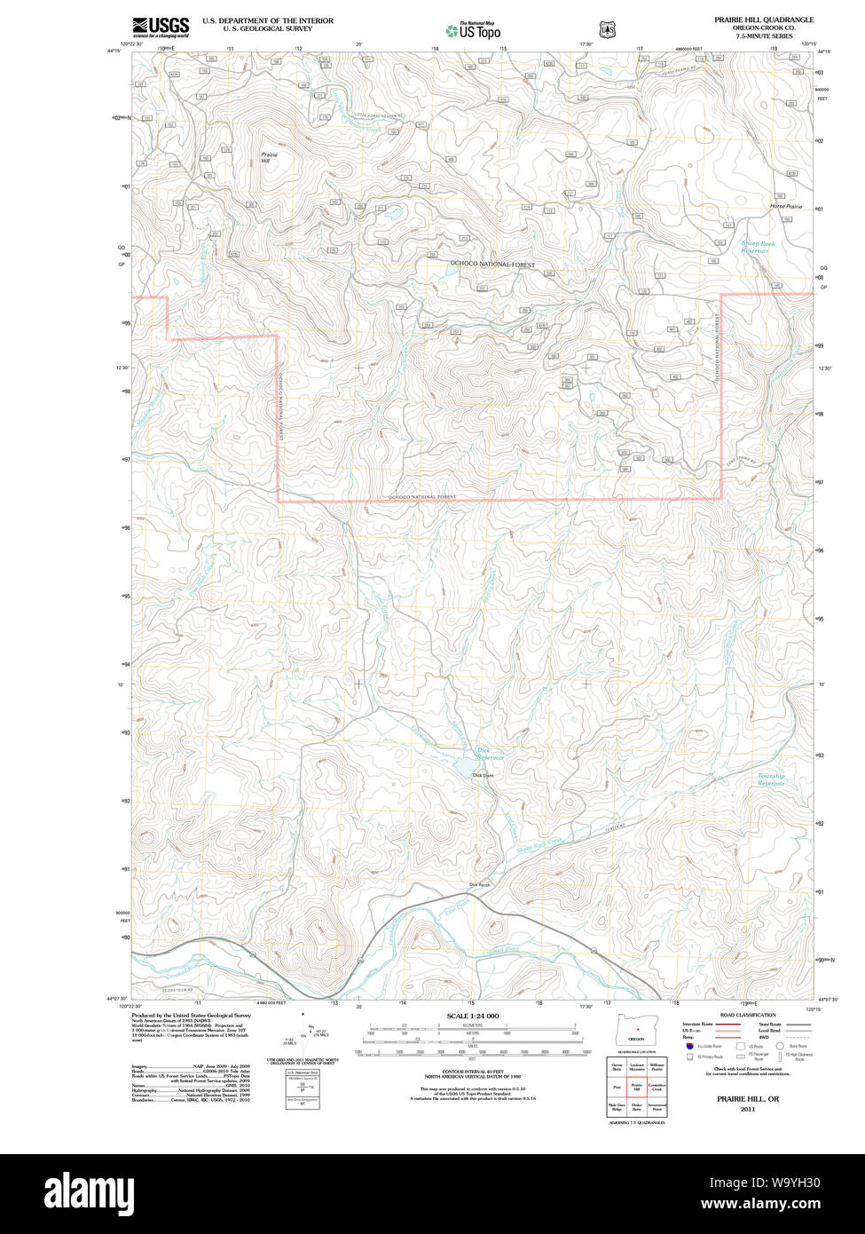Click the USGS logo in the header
[x=161, y=27]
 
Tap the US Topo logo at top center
[x=473, y=29]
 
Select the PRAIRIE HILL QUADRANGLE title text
[x=764, y=20]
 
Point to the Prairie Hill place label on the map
[x=269, y=157]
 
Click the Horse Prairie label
[x=785, y=206]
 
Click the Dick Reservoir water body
[x=464, y=764]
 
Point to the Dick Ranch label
[x=479, y=884]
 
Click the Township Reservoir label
[x=770, y=779]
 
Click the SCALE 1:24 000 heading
[x=473, y=1016]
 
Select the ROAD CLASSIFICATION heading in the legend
[x=747, y=1015]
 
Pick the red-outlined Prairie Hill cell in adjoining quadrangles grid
[x=636, y=1086]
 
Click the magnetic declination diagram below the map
[x=307, y=1034]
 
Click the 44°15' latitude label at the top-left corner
[x=114, y=51]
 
